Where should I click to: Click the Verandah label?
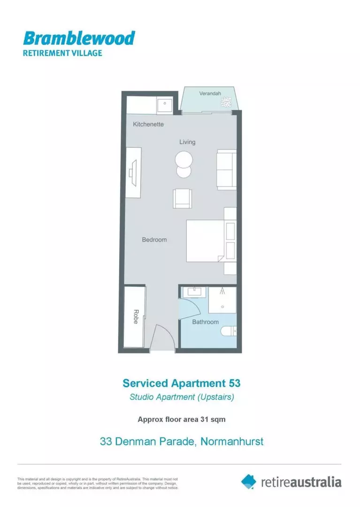click(x=210, y=93)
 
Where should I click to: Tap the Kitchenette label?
click(x=148, y=124)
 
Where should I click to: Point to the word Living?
click(x=187, y=142)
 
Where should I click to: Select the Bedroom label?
click(x=154, y=240)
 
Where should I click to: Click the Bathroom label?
click(x=205, y=322)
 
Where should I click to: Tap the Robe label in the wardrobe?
click(x=135, y=317)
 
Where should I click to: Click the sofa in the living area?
click(x=226, y=169)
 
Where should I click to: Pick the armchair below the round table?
click(x=182, y=199)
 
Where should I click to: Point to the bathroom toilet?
click(x=229, y=331)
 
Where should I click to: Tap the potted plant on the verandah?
click(x=227, y=102)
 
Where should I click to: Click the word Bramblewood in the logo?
click(x=79, y=38)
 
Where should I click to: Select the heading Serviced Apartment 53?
click(x=181, y=383)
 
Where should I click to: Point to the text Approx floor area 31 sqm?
click(x=181, y=420)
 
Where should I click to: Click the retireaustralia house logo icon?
click(x=249, y=481)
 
